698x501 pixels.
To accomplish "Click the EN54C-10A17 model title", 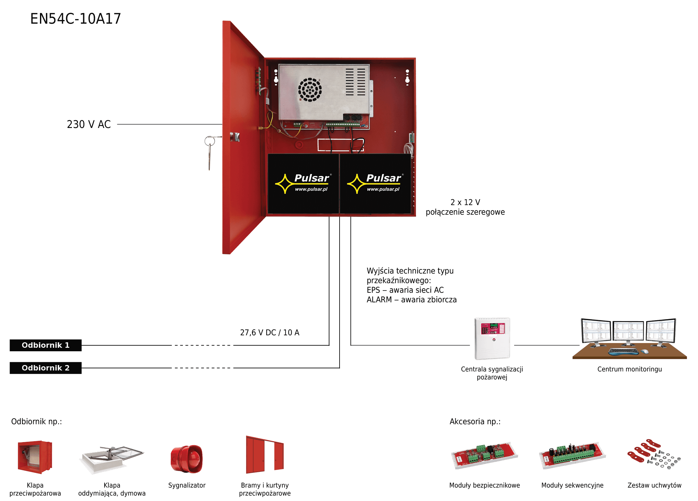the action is click(x=76, y=19).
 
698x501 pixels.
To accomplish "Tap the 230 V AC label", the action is click(x=89, y=124).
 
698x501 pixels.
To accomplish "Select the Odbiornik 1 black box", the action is click(x=45, y=345).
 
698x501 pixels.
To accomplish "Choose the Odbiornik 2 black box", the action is click(x=45, y=368).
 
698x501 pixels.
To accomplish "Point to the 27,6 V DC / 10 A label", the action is click(x=270, y=333).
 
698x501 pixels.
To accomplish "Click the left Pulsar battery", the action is click(x=303, y=184).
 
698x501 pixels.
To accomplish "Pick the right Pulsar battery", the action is click(x=375, y=184).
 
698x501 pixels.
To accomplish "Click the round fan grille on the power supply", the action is click(x=310, y=90).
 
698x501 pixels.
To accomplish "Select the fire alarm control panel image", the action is click(x=492, y=338).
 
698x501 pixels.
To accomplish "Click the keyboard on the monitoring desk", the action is click(x=623, y=351).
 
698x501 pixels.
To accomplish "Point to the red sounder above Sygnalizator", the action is click(x=186, y=459).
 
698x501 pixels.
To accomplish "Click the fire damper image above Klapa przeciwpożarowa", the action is click(x=35, y=457).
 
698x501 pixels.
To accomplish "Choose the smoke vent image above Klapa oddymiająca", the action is click(x=112, y=459).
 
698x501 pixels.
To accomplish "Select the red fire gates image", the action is click(x=265, y=455).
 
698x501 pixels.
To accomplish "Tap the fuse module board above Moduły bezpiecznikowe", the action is click(x=484, y=456).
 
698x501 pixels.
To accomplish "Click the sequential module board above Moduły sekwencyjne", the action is click(x=572, y=456).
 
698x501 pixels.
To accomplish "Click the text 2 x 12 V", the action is click(x=465, y=202).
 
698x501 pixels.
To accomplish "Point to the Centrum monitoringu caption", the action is click(x=630, y=369).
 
